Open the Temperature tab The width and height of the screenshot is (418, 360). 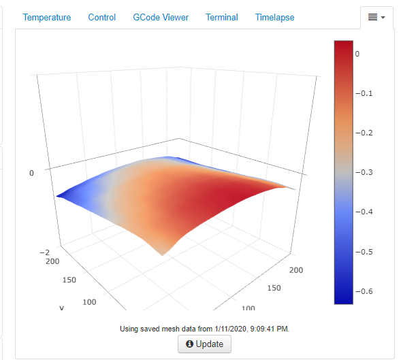pyautogui.click(x=47, y=18)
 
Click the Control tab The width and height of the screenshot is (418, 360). pyautogui.click(x=102, y=18)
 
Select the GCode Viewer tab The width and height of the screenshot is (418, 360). pyautogui.click(x=161, y=18)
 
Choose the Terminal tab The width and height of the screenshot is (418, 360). pyautogui.click(x=222, y=18)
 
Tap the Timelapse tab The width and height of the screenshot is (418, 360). pyautogui.click(x=275, y=18)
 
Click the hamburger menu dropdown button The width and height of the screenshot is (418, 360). pyautogui.click(x=376, y=17)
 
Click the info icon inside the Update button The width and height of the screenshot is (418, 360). pyautogui.click(x=190, y=344)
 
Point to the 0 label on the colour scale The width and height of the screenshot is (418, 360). pyautogui.click(x=357, y=53)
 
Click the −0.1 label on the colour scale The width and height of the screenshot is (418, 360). pyautogui.click(x=363, y=93)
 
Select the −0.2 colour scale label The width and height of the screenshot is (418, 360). pyautogui.click(x=363, y=133)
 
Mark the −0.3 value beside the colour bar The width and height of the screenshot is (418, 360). pyautogui.click(x=363, y=173)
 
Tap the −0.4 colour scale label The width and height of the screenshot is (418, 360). pyautogui.click(x=363, y=212)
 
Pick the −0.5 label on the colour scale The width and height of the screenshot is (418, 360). pyautogui.click(x=363, y=252)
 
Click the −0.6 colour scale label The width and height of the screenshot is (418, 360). pyautogui.click(x=363, y=292)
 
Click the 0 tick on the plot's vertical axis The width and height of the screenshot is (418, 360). pyautogui.click(x=31, y=174)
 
